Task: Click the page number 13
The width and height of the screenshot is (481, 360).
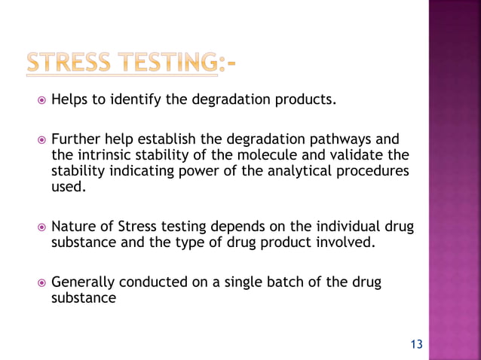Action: point(416,345)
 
